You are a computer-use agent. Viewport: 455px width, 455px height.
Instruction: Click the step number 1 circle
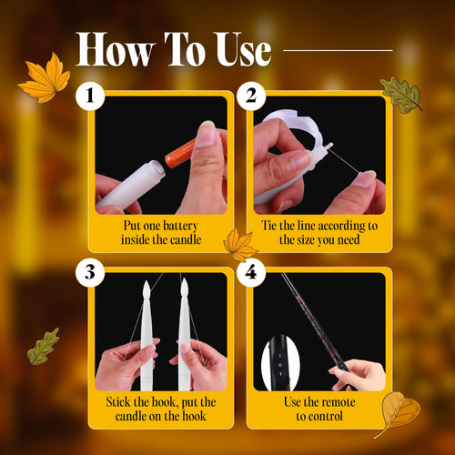pos(90,96)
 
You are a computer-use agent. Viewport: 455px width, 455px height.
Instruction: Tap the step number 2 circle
pos(251,96)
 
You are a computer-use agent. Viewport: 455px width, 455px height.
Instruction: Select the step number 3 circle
pos(90,272)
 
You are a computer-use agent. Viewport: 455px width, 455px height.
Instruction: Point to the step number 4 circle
pos(251,272)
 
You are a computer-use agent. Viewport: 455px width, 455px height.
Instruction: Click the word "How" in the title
pos(116,49)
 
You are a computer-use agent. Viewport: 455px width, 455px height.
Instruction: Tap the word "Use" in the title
pos(244,49)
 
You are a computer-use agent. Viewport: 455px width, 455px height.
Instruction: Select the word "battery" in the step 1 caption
pos(180,226)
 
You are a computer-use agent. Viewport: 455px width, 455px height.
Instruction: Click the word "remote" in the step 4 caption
pos(338,402)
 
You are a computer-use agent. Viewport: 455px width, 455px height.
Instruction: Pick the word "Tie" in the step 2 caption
pos(268,226)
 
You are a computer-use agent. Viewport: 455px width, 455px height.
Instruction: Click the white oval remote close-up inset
pos(280,362)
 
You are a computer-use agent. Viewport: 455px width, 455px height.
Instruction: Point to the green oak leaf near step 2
pos(401,95)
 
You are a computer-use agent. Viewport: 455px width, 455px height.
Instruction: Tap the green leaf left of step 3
pos(43,347)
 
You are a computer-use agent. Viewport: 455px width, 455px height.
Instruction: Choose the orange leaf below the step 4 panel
pos(399,413)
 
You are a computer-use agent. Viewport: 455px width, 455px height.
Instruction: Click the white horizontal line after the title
pos(338,50)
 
